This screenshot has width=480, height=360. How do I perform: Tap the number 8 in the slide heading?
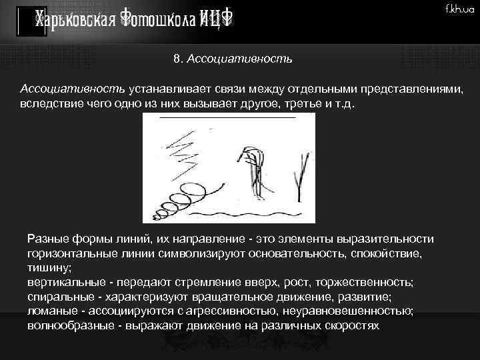[176, 59]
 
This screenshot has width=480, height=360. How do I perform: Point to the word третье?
[296, 104]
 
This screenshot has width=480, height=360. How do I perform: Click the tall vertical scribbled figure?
[252, 170]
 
